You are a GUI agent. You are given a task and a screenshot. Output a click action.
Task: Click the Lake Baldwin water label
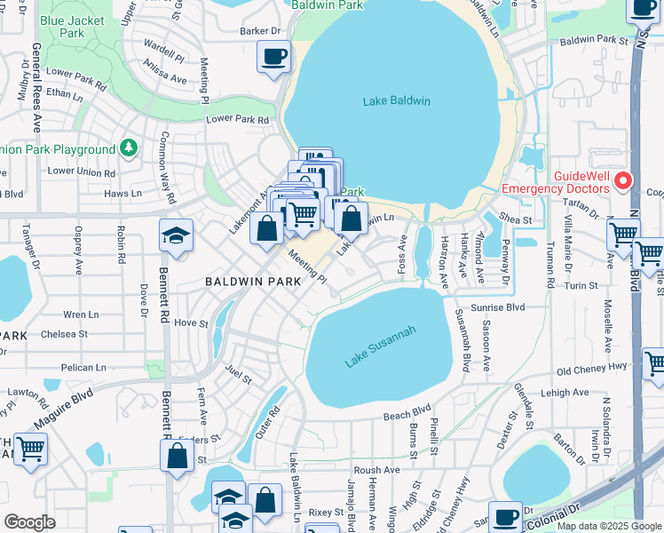coord(396,101)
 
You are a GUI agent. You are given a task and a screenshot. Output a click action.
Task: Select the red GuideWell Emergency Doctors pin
coord(622,180)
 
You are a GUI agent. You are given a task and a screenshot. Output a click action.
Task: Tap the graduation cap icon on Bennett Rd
coord(176,235)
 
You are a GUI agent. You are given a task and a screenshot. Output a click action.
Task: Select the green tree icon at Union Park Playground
coord(129,148)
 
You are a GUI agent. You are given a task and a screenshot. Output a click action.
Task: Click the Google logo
coord(30,522)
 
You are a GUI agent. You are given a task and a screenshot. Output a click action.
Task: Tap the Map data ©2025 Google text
coord(608,526)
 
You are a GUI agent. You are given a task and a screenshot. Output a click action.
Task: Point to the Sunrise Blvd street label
coord(498,306)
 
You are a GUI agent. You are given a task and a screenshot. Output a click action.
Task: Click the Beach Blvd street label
coord(407,413)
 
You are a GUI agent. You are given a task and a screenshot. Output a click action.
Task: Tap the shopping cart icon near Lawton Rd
coord(30,448)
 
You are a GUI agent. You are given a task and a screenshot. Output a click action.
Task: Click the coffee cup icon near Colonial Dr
coord(506,516)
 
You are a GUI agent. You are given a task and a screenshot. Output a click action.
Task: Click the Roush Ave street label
coord(376,470)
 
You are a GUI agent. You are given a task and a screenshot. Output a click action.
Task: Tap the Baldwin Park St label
coord(594,40)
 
